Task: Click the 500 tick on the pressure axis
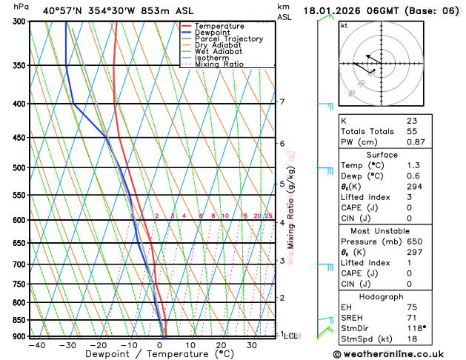[x=17, y=168]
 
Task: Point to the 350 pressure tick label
[x=17, y=66]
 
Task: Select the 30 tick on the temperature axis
[x=252, y=345]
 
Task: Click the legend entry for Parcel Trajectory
[x=234, y=39]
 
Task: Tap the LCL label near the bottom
[x=290, y=336]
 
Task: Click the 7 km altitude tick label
[x=282, y=102]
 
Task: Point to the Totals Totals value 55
[x=411, y=131]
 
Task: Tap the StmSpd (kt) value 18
[x=411, y=340]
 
